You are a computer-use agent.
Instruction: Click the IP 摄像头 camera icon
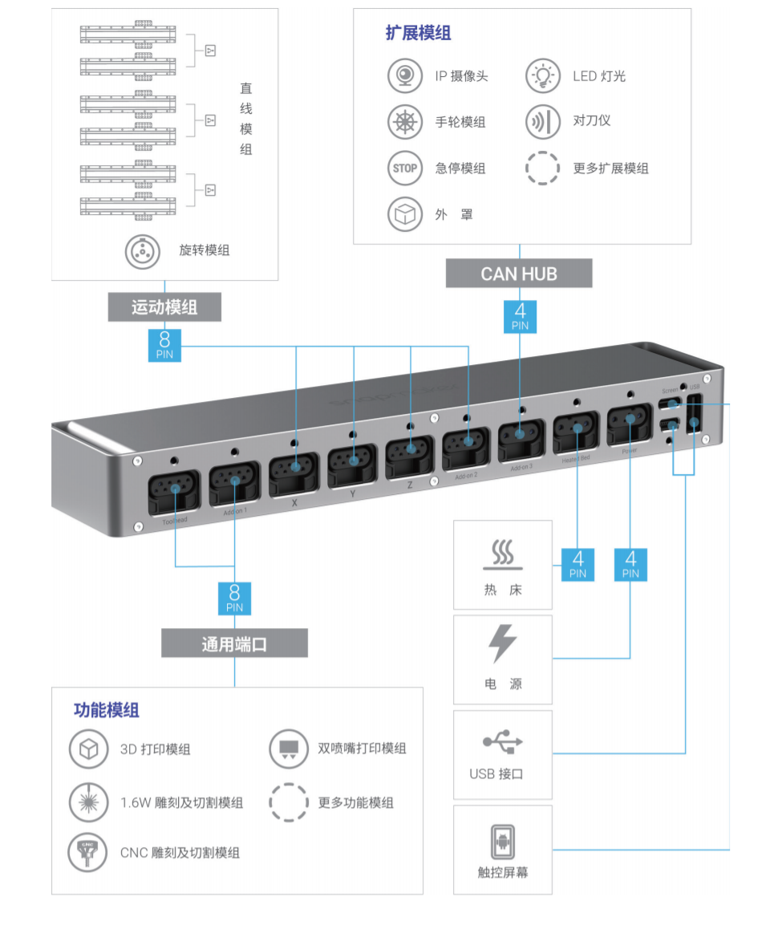pyautogui.click(x=405, y=76)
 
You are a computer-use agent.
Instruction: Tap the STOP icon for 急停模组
pyautogui.click(x=405, y=168)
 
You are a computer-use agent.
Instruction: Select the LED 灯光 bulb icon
pyautogui.click(x=543, y=76)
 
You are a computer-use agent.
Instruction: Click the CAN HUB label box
pyautogui.click(x=519, y=274)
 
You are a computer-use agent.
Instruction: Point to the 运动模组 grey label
pyautogui.click(x=164, y=306)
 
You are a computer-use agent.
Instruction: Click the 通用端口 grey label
pyautogui.click(x=234, y=643)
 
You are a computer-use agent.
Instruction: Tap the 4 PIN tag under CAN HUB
pyautogui.click(x=520, y=315)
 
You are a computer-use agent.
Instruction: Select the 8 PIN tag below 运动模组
pyautogui.click(x=164, y=345)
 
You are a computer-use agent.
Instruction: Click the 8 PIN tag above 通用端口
pyautogui.click(x=234, y=598)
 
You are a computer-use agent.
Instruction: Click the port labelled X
pyautogui.click(x=296, y=469)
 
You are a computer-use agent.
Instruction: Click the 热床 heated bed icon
pyautogui.click(x=503, y=554)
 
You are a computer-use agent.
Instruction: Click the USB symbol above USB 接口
pyautogui.click(x=503, y=743)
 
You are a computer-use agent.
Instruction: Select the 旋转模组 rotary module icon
pyautogui.click(x=144, y=250)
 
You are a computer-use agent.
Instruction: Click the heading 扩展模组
pyautogui.click(x=418, y=33)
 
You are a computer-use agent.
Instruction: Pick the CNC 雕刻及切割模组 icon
pyautogui.click(x=88, y=852)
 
